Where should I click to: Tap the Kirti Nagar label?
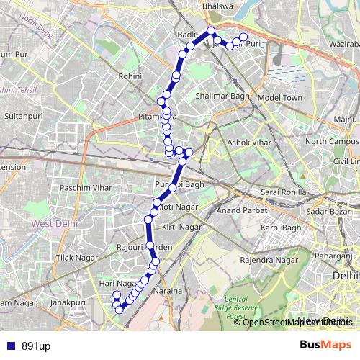pos(181,227)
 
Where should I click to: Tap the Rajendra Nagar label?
pos(269,259)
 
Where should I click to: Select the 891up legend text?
pos(35,346)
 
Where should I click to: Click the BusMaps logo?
pos(325,346)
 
